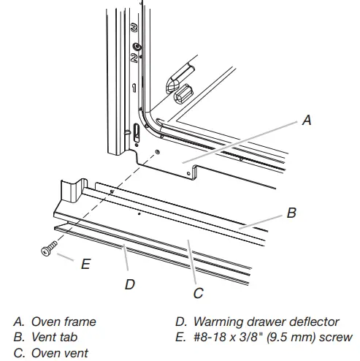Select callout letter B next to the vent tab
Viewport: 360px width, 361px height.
point(291,213)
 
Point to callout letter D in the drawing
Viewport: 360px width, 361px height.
point(129,284)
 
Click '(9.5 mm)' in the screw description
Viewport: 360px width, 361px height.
point(288,336)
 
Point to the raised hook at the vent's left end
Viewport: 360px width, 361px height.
point(70,191)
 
